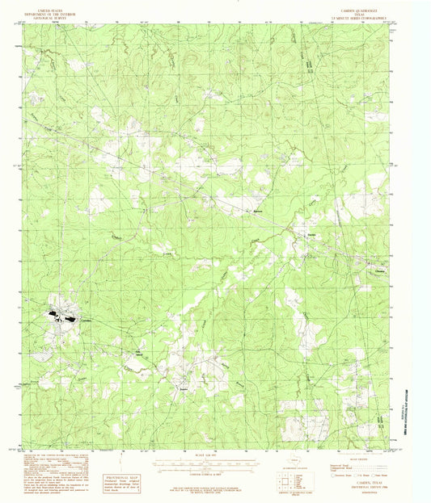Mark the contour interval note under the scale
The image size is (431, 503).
coord(213,474)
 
